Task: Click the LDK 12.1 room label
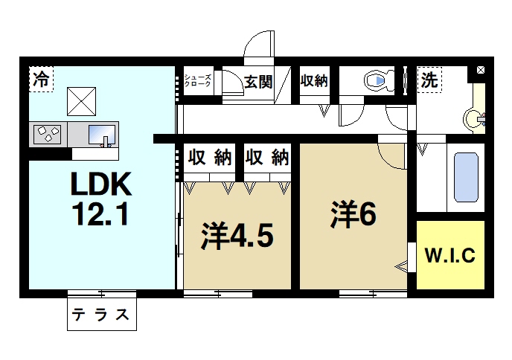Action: pyautogui.click(x=101, y=199)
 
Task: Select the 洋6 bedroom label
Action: pyautogui.click(x=353, y=215)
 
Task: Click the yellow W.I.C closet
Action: pyautogui.click(x=450, y=255)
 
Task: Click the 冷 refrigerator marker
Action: pyautogui.click(x=42, y=80)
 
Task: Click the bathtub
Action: pyautogui.click(x=466, y=177)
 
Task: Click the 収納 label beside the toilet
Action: pyautogui.click(x=314, y=81)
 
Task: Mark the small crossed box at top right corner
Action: pyautogui.click(x=480, y=71)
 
